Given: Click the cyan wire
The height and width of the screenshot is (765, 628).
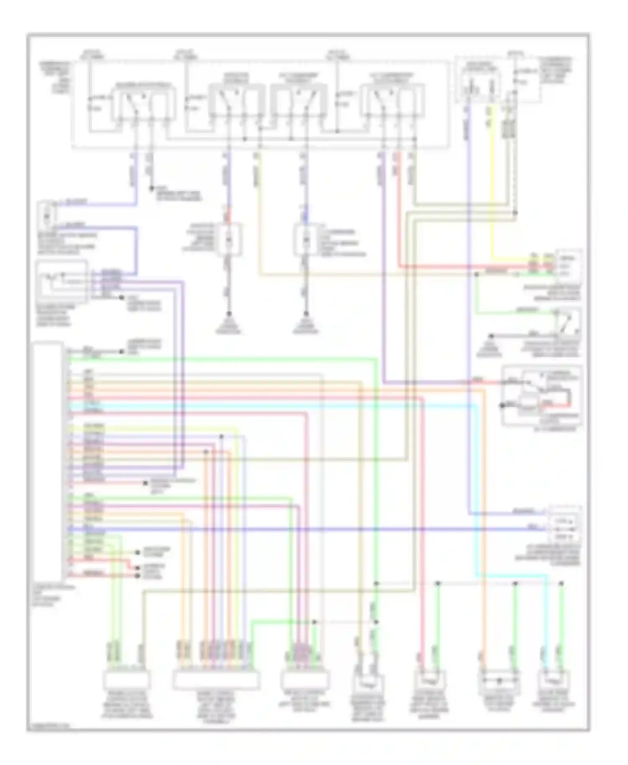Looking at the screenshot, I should [293, 405].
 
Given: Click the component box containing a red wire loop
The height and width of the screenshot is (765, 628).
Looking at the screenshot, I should [541, 395].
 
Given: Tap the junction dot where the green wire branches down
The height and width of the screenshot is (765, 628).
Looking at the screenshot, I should [476, 275].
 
